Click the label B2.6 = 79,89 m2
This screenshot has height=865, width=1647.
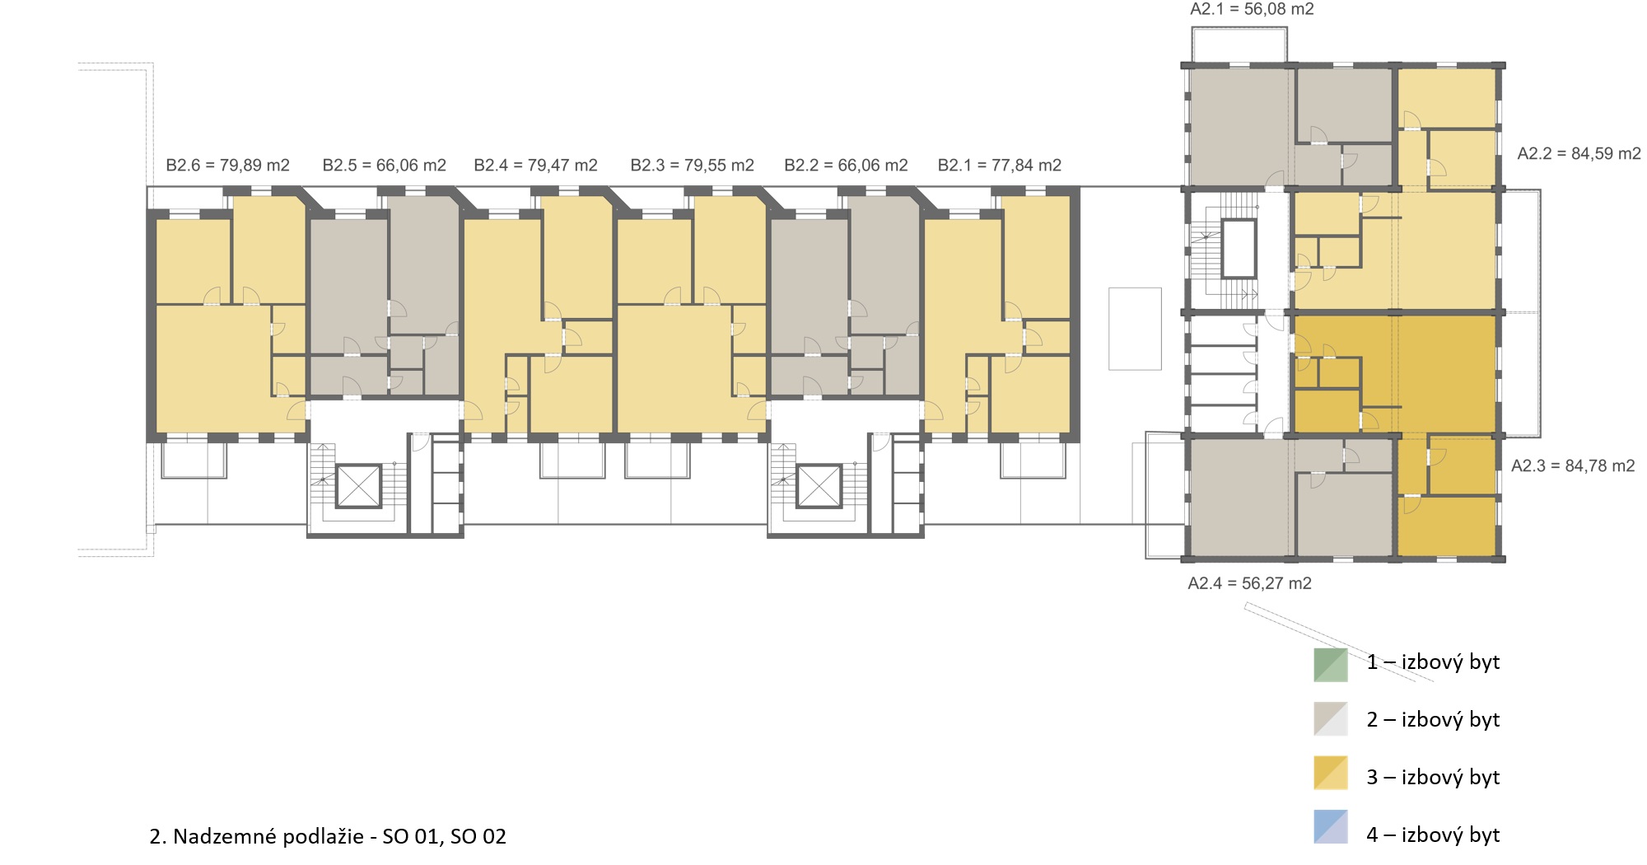pyautogui.click(x=228, y=166)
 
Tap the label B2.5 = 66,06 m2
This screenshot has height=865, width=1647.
pyautogui.click(x=385, y=166)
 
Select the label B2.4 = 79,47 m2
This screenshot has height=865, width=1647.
pyautogui.click(x=536, y=166)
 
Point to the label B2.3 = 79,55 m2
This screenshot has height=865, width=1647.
pyautogui.click(x=693, y=166)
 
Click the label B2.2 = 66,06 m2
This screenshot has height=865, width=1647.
pyautogui.click(x=847, y=166)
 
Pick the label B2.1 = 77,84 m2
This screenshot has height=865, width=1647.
pyautogui.click(x=1000, y=166)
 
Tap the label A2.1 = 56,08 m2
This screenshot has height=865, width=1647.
pyautogui.click(x=1252, y=9)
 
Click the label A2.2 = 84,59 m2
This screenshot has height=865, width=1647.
pyautogui.click(x=1579, y=154)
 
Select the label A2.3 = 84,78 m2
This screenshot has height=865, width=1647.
pyautogui.click(x=1574, y=466)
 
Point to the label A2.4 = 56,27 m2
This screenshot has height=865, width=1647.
pyautogui.click(x=1250, y=584)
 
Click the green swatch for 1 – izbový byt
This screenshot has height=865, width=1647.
pyautogui.click(x=1331, y=665)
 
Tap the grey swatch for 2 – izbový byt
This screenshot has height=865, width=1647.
pyautogui.click(x=1331, y=718)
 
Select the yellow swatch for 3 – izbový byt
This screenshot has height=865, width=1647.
pyautogui.click(x=1331, y=773)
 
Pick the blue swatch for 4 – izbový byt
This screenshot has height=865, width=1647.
pyautogui.click(x=1331, y=827)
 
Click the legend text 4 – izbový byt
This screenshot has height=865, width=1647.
pyautogui.click(x=1434, y=835)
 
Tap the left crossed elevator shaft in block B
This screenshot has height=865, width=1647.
pyautogui.click(x=359, y=486)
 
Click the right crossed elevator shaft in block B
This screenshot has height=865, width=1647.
pyautogui.click(x=819, y=486)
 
